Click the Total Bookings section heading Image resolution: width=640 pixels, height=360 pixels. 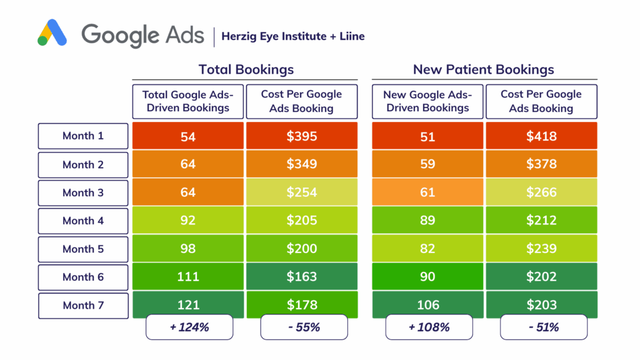(246, 69)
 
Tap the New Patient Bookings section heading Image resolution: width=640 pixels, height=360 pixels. (483, 69)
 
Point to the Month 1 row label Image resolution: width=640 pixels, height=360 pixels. (83, 136)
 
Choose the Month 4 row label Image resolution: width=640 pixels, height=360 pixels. (83, 221)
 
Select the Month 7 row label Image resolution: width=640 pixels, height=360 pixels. (83, 306)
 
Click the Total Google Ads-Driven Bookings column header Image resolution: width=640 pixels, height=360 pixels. (188, 101)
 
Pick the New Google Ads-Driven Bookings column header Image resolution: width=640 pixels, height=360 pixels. (427, 101)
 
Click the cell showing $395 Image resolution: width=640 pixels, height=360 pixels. (302, 136)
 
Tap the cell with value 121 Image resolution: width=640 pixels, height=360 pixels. (188, 305)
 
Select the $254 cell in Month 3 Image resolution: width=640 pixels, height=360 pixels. (302, 192)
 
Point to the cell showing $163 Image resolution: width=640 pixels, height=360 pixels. (302, 277)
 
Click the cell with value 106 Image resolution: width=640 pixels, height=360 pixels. (427, 305)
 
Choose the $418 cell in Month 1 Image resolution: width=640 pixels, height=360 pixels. (541, 136)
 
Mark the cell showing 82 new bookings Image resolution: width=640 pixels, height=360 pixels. (427, 249)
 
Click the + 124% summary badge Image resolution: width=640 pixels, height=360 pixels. (189, 327)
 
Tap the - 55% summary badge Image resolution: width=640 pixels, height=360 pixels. (304, 327)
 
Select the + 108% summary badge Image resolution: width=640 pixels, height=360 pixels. (429, 327)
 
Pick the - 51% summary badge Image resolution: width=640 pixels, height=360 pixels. (543, 327)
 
